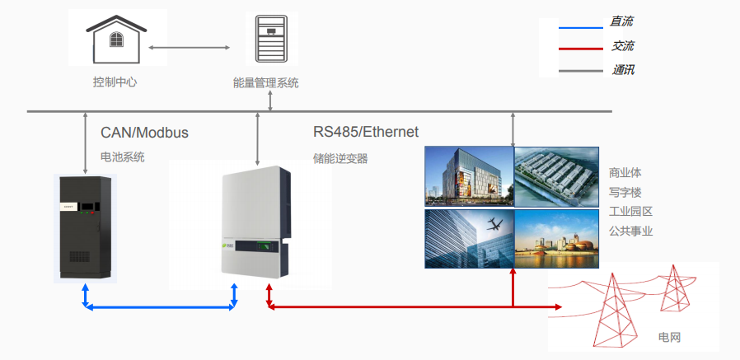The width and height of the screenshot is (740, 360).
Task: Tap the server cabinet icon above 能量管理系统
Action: tap(271, 40)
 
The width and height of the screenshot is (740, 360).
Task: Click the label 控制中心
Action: tap(115, 82)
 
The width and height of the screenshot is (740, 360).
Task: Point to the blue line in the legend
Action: tap(581, 27)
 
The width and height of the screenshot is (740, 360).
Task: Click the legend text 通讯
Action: tap(623, 70)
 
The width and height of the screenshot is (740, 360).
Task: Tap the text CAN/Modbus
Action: tap(145, 133)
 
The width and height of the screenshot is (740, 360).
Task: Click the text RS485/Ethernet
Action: tap(366, 132)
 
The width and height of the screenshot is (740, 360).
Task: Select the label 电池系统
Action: tap(122, 157)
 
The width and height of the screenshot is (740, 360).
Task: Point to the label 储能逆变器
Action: tap(340, 158)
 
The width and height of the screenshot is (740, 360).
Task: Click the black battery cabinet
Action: tap(86, 225)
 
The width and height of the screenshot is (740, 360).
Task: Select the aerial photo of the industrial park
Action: tap(556, 175)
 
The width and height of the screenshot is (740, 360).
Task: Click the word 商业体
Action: tap(625, 174)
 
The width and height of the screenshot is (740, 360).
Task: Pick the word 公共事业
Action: tap(630, 231)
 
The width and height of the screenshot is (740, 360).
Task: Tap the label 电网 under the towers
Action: tap(669, 338)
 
